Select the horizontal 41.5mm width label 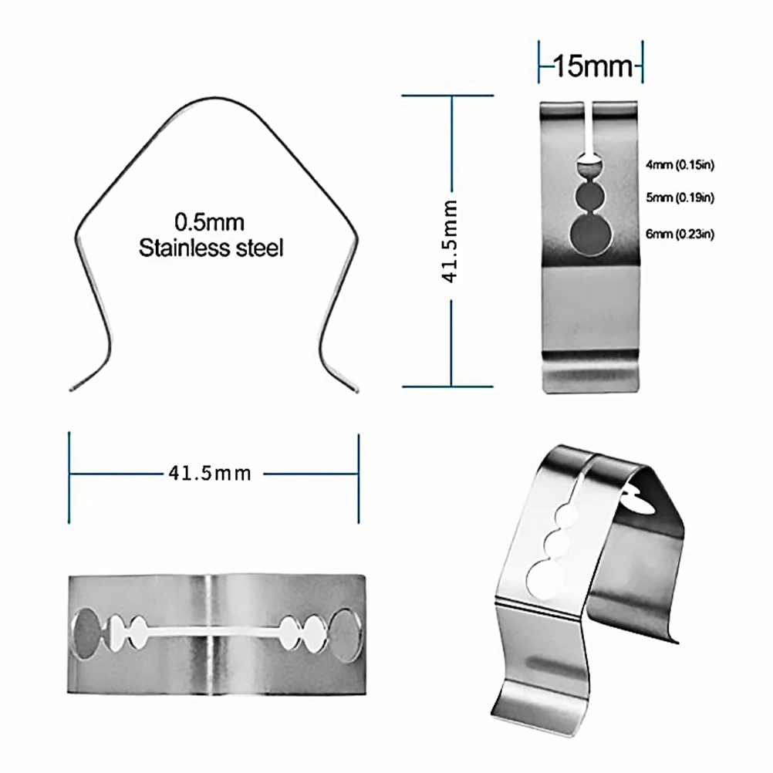tap(210, 473)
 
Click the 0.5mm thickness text tap(209, 224)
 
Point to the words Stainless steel tap(211, 248)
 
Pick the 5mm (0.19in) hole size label tap(680, 198)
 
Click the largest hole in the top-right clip tap(589, 235)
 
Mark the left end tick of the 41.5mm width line tap(69, 473)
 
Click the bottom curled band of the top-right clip tap(591, 369)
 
